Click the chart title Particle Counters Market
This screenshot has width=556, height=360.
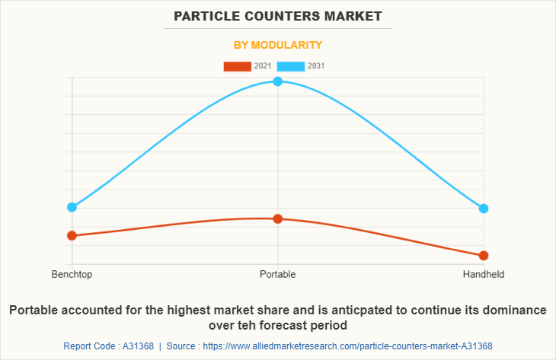[x=277, y=15]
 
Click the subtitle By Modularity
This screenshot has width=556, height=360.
[x=277, y=45]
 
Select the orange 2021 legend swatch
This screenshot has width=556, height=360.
[x=237, y=66]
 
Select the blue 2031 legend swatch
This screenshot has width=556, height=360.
[x=290, y=66]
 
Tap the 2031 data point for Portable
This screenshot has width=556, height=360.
[x=278, y=81]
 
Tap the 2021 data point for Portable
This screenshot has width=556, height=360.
[x=278, y=218]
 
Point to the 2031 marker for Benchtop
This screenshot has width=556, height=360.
[x=72, y=207]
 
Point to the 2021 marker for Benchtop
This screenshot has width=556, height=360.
[x=72, y=235]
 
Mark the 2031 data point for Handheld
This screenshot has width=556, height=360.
[x=484, y=209]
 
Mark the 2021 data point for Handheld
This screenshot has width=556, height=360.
[x=484, y=255]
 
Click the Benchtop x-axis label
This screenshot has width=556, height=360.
[x=72, y=274]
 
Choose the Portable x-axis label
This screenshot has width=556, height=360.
[x=278, y=274]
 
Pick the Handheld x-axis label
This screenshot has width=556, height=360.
[x=484, y=274]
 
